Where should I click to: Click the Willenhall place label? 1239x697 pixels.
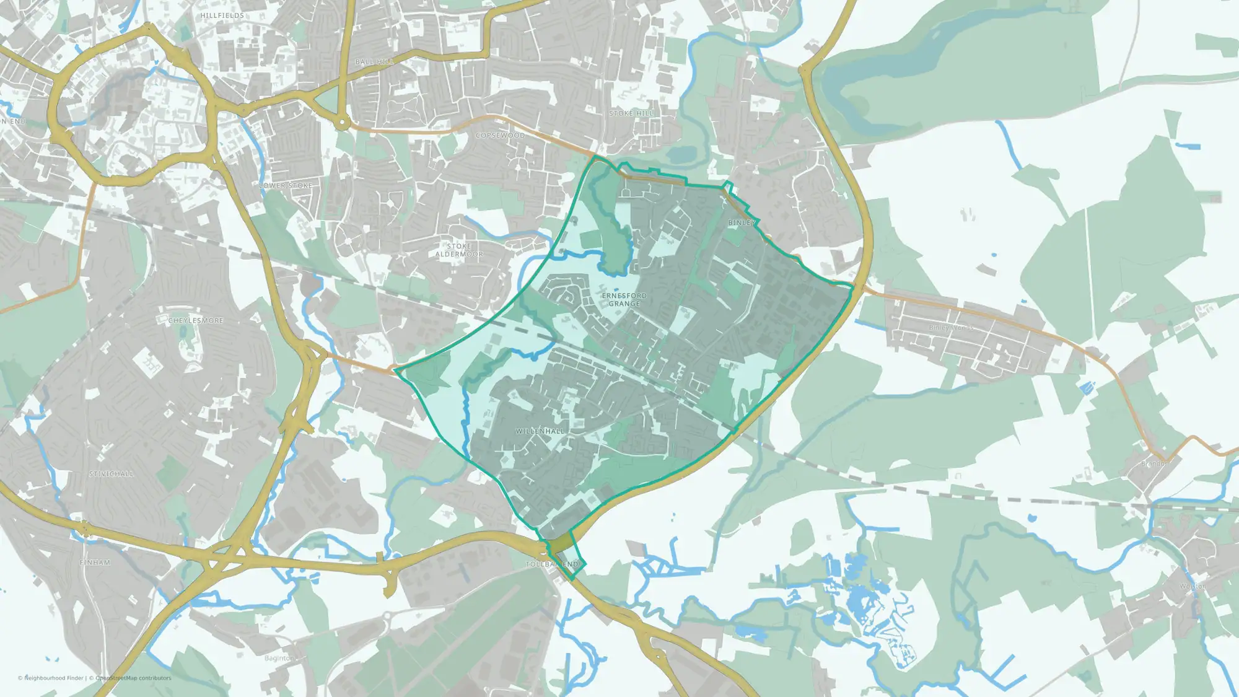click(540, 431)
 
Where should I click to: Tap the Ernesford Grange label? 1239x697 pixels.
click(624, 300)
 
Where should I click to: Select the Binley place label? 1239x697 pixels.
click(742, 222)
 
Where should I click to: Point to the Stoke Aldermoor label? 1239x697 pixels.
click(459, 250)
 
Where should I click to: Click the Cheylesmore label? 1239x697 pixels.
click(196, 320)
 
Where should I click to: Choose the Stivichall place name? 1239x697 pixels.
click(112, 474)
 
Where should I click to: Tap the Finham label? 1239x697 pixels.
click(95, 563)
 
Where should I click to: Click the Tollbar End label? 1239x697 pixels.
click(552, 564)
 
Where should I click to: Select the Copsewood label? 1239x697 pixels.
click(500, 135)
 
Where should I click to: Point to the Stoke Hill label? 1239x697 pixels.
click(631, 113)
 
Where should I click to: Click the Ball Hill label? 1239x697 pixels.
click(375, 62)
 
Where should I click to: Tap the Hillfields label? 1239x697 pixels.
click(222, 15)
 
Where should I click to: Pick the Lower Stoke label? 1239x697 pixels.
click(286, 185)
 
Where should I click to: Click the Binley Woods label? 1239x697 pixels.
click(951, 328)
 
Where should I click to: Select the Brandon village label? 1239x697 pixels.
click(1154, 463)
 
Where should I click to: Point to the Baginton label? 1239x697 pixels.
click(279, 658)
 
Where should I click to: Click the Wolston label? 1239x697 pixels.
click(1193, 586)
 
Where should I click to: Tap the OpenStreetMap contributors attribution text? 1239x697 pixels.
click(133, 678)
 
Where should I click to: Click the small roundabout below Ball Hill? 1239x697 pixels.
click(341, 124)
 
